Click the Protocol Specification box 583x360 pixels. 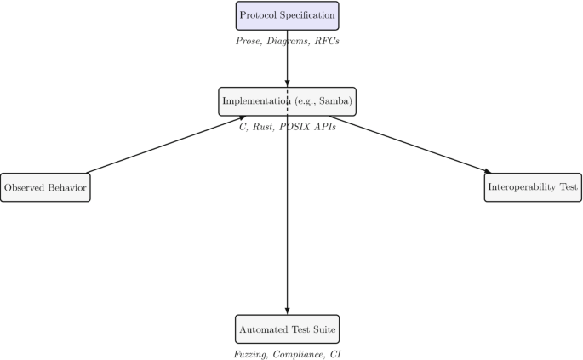pos(287,15)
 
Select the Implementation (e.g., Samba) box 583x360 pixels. pos(287,101)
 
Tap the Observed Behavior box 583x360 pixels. pos(44,186)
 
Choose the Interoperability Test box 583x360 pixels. pos(533,186)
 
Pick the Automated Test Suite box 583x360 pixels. pos(287,329)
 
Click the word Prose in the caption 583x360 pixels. pos(249,41)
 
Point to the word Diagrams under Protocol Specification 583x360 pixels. pos(288,41)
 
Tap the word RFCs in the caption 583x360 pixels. pos(326,41)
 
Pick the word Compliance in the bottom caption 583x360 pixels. pos(300,353)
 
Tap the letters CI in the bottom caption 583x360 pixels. pos(334,353)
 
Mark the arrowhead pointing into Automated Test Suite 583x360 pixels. pos(287,311)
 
